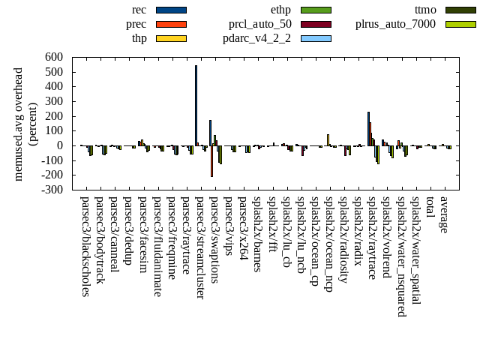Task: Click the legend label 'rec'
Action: pyautogui.click(x=139, y=10)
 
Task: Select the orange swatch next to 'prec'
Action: pyautogui.click(x=171, y=24)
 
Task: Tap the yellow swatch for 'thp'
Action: pyautogui.click(x=171, y=38)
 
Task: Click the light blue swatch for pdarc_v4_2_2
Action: pyautogui.click(x=316, y=38)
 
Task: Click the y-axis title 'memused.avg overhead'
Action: pyautogui.click(x=19, y=124)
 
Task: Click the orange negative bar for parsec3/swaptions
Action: pyautogui.click(x=212, y=160)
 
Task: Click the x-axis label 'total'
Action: pyautogui.click(x=429, y=208)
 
